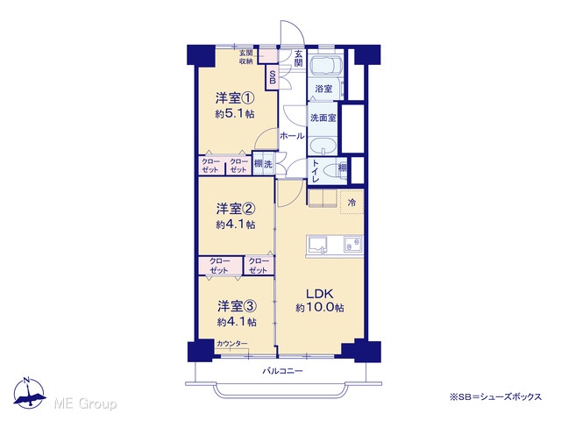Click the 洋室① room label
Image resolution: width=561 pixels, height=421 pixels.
point(235,97)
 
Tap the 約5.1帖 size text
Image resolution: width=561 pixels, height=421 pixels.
point(235,114)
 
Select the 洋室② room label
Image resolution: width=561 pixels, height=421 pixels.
point(236,209)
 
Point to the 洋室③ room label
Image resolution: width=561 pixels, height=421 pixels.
point(237,306)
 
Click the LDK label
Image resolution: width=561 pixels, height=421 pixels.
point(319,294)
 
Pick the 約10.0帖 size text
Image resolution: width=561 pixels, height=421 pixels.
point(320,308)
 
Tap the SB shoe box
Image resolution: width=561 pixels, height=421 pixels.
point(273,77)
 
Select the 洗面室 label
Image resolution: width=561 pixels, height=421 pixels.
point(323,118)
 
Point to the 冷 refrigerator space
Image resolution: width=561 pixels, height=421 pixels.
point(352,202)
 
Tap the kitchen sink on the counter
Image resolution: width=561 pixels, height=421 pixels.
point(317,246)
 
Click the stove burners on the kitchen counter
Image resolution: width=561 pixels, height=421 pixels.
point(352,245)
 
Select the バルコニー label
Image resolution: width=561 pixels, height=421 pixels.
point(282,371)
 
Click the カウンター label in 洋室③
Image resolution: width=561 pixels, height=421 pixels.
point(231,344)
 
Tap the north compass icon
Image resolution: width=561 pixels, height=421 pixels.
point(29,393)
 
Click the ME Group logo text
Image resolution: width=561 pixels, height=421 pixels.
point(85,403)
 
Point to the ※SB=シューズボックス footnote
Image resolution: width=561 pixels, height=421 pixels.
point(495,396)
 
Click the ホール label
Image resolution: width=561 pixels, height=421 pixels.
point(292,136)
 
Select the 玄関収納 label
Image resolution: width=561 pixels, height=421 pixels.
point(245,57)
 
